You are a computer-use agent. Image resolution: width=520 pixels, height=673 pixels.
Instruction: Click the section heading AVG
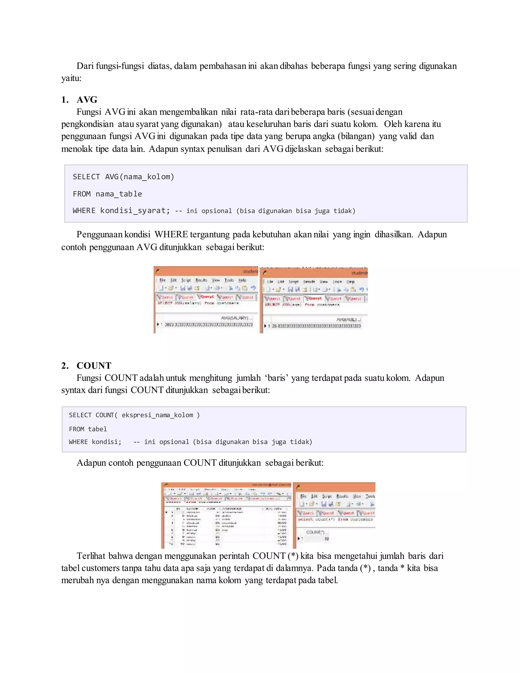point(87,100)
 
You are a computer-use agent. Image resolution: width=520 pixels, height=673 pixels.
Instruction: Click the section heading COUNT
point(94,365)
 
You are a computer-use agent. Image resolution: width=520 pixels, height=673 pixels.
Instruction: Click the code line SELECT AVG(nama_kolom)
point(123,177)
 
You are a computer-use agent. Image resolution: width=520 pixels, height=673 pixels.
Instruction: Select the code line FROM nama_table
point(107,194)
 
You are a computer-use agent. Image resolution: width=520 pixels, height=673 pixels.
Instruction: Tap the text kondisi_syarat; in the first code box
point(135,211)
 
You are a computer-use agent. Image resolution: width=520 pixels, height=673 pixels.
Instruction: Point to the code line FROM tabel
point(88,429)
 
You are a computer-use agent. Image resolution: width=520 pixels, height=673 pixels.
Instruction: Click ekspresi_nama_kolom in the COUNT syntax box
point(157,415)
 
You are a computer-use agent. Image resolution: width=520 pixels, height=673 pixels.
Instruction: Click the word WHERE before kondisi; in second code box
point(78,442)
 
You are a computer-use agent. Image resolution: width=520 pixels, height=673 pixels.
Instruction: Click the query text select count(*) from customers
point(335,520)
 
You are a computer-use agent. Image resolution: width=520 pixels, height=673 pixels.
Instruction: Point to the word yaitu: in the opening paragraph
point(71,78)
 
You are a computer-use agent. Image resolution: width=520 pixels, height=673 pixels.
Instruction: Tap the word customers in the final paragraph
point(101,568)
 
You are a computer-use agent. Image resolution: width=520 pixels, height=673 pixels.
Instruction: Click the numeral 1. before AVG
point(65,100)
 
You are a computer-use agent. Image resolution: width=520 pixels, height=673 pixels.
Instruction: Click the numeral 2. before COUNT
point(65,365)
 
